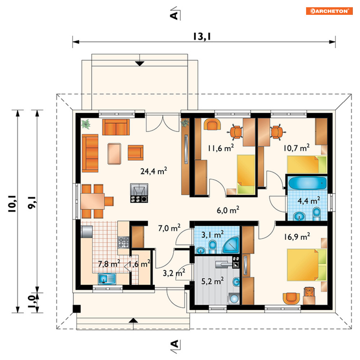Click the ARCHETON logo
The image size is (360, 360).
(329, 11)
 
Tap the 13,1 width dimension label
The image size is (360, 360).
(202, 37)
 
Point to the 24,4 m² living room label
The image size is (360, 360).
(154, 171)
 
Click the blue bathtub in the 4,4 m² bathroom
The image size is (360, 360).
(308, 183)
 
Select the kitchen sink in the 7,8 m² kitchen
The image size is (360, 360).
(107, 279)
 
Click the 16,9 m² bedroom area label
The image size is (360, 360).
(297, 237)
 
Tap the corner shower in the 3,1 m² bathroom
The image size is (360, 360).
(231, 245)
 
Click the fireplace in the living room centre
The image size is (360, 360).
(139, 193)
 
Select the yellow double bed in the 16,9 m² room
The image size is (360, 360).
(307, 265)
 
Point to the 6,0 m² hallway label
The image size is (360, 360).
(228, 210)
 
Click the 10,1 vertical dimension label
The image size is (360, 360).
(12, 204)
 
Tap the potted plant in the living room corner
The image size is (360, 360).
(86, 124)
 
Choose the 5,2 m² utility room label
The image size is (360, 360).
(212, 281)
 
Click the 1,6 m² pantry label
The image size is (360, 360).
(139, 264)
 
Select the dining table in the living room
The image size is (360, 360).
(93, 201)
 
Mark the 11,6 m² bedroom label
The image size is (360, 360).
(221, 148)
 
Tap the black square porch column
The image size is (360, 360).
(77, 309)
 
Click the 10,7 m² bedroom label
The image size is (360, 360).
(296, 148)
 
